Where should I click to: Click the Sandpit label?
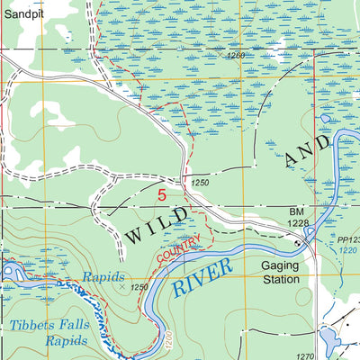[x=22, y=14]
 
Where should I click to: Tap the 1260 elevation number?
[x=236, y=55]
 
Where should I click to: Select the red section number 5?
[x=162, y=193]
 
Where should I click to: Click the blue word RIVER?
[x=202, y=276]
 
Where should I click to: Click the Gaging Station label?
[x=280, y=274]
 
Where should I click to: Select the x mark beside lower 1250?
[x=123, y=288]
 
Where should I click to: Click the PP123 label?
[x=346, y=239]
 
